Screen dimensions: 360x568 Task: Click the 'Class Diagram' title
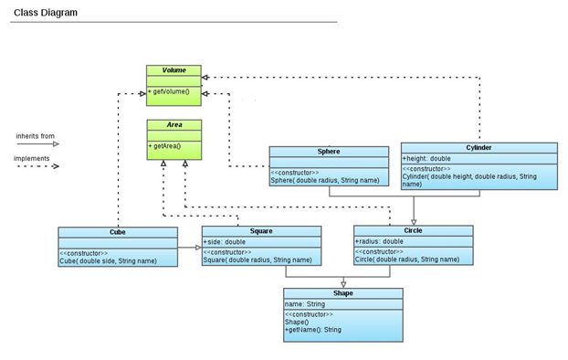point(45,13)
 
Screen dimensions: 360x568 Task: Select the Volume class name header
point(174,70)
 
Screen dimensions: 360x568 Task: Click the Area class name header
point(174,124)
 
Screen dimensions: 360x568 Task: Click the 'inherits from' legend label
point(35,136)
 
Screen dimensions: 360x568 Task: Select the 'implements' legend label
point(32,158)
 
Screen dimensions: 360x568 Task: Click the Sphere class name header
point(329,151)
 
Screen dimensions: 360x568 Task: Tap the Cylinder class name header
point(479,147)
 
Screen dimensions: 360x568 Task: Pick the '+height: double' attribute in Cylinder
point(427,158)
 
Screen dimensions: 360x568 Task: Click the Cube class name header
point(117,232)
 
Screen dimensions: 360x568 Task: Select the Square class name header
point(261,231)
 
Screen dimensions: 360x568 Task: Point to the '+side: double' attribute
point(225,242)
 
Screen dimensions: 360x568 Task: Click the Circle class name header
point(413,230)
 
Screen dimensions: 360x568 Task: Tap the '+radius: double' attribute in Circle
point(379,241)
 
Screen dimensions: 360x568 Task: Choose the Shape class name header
point(342,293)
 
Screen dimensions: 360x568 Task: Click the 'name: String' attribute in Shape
point(305,304)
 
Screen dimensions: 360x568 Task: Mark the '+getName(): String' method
point(313,329)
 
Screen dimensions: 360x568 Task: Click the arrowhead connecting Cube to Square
point(196,247)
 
